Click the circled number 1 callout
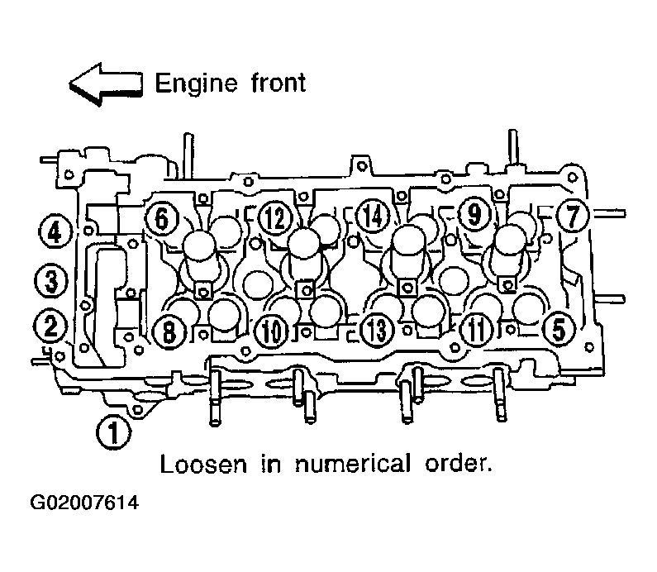[x=113, y=432]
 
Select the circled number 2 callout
[x=50, y=327]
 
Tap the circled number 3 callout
[x=51, y=280]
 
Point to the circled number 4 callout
[x=55, y=231]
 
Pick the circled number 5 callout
[x=559, y=329]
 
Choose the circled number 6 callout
[x=162, y=218]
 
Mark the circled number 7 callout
[x=573, y=216]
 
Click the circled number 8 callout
[x=169, y=332]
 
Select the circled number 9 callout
[x=474, y=215]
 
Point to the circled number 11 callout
[x=477, y=330]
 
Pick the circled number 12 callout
[x=275, y=218]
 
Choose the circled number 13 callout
[x=378, y=330]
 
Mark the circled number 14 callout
[x=373, y=217]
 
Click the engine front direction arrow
[x=106, y=84]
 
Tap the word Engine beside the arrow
[x=197, y=84]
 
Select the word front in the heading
[x=279, y=83]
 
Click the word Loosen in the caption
[x=203, y=465]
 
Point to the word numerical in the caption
[x=353, y=464]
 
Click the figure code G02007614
[x=84, y=503]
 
